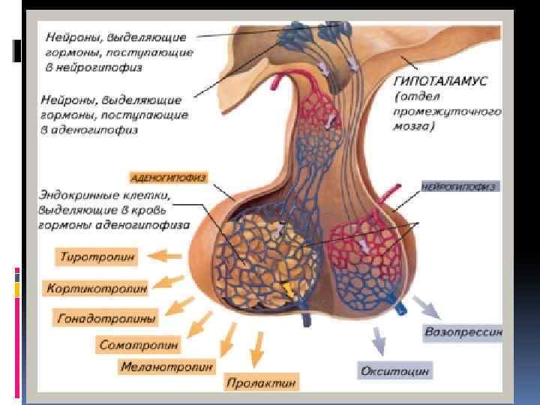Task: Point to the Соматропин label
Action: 139,345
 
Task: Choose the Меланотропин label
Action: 166,367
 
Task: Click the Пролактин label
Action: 261,382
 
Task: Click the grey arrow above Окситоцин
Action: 379,341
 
